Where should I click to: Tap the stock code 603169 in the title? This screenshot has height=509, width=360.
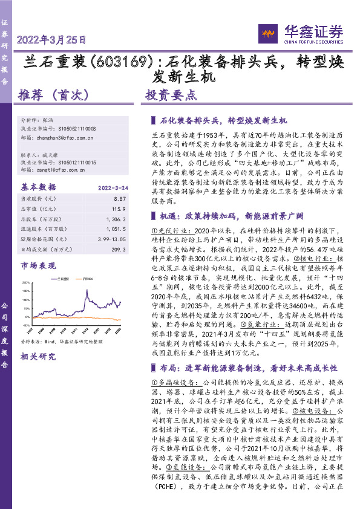point(130,62)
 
